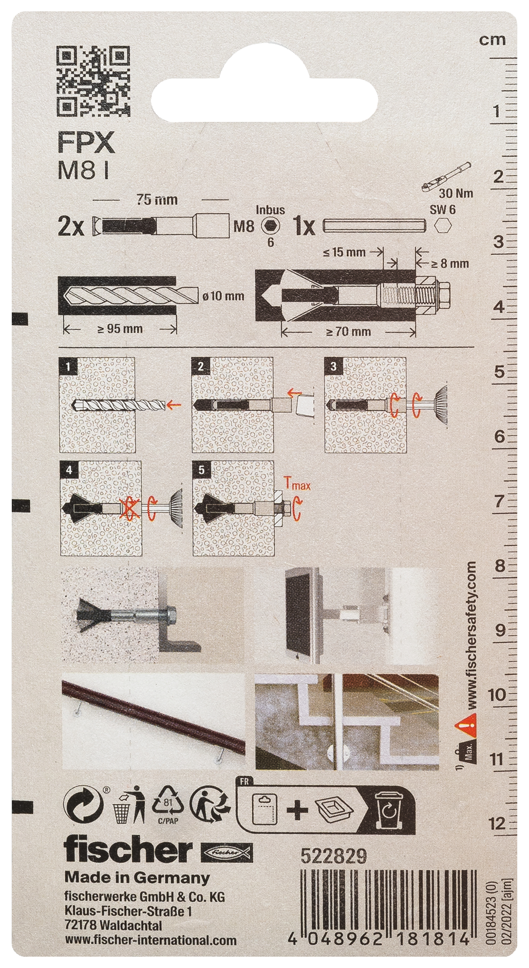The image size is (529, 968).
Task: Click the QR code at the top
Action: point(93,81)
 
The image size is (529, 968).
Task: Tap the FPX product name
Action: point(86,142)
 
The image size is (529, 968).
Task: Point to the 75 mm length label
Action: point(157,199)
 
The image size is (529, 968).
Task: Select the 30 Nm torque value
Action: point(456,193)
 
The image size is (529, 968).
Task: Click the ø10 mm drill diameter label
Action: point(223,296)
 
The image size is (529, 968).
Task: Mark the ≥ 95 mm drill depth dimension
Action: point(120,328)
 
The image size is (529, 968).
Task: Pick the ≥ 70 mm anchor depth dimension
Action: point(348,331)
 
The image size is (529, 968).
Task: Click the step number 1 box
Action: point(68,366)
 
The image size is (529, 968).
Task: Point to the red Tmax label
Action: point(297,484)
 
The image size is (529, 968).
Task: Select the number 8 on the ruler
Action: point(500,565)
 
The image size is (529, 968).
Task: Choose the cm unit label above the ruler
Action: point(492,40)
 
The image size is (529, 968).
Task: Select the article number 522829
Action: point(334,856)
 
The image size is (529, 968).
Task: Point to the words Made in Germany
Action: point(137,878)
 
